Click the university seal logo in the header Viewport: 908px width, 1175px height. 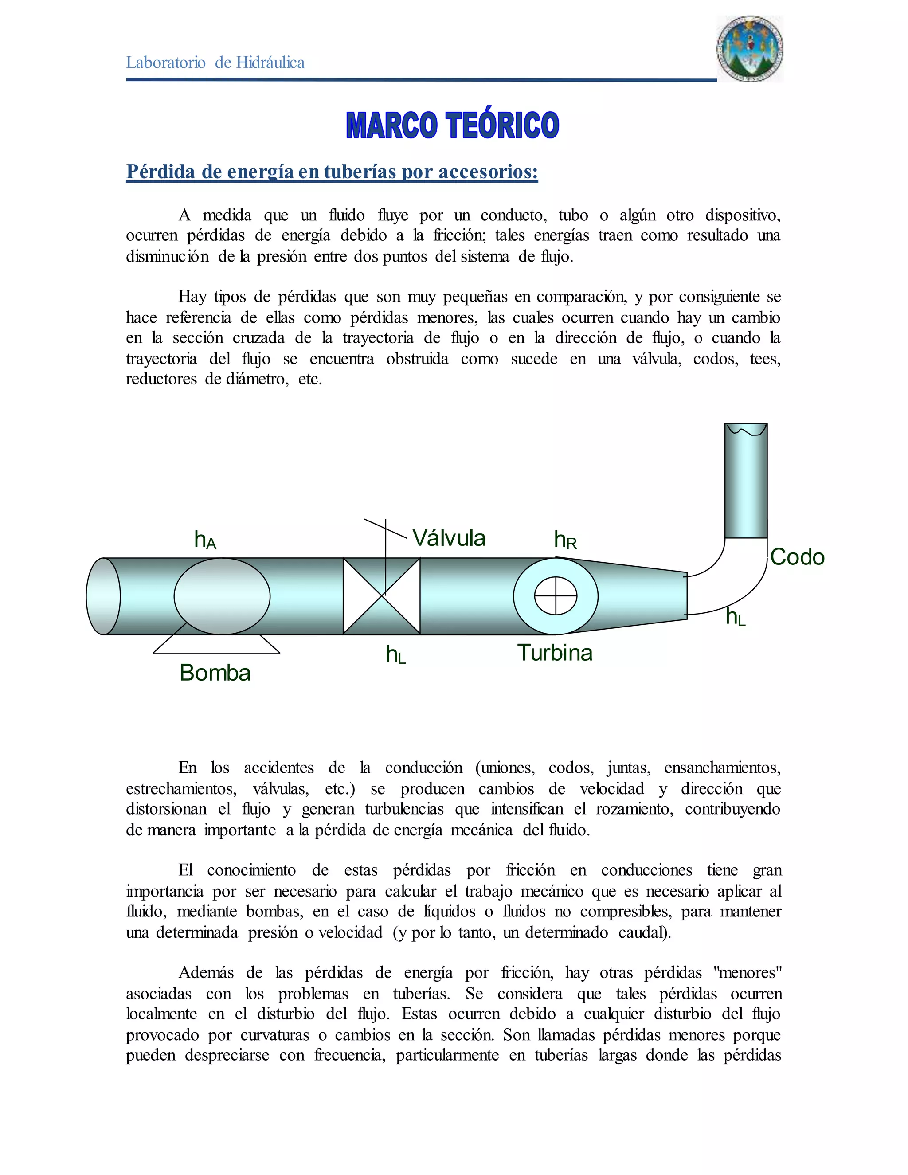750,49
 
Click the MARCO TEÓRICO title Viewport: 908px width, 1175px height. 452,125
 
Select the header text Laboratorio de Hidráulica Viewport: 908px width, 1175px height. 215,63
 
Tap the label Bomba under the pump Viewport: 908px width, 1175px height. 215,673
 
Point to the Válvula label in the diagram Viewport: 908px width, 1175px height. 449,538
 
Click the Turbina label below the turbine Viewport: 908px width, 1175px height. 555,653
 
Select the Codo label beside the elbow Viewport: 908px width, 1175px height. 797,557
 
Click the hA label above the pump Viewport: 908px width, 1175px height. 205,539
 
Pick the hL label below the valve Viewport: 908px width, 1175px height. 396,655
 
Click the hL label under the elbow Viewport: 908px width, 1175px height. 736,617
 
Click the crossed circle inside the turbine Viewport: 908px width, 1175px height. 556,596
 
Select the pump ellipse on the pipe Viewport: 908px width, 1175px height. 222,596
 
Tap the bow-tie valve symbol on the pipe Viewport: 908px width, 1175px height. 381,596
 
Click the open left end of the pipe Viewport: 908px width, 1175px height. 103,596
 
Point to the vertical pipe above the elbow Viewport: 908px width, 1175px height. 746,482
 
